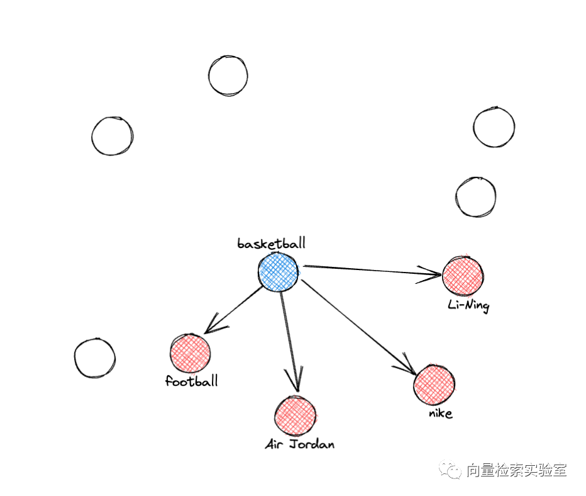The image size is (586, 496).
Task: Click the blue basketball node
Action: (278, 272)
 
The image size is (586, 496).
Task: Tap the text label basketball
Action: (271, 244)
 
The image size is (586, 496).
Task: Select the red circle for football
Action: (189, 353)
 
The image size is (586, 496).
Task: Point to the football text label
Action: (192, 381)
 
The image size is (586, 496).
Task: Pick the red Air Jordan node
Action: (295, 416)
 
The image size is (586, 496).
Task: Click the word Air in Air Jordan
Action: (274, 444)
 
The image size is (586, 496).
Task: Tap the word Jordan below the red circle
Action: (311, 444)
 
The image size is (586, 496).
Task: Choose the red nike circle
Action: (434, 384)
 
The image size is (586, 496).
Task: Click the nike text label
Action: (440, 414)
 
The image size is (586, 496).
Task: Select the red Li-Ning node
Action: (463, 275)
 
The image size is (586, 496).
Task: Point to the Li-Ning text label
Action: (468, 306)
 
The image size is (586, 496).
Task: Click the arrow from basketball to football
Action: (233, 310)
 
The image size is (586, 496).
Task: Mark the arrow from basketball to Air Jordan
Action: (289, 340)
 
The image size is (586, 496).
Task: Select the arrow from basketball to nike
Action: (358, 327)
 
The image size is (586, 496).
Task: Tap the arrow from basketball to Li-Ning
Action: (371, 270)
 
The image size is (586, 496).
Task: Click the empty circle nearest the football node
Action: (95, 358)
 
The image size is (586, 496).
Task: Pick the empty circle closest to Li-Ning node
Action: (476, 197)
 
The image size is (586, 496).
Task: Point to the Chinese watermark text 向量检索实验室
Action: (517, 470)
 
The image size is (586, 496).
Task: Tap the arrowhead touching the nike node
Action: (407, 368)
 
